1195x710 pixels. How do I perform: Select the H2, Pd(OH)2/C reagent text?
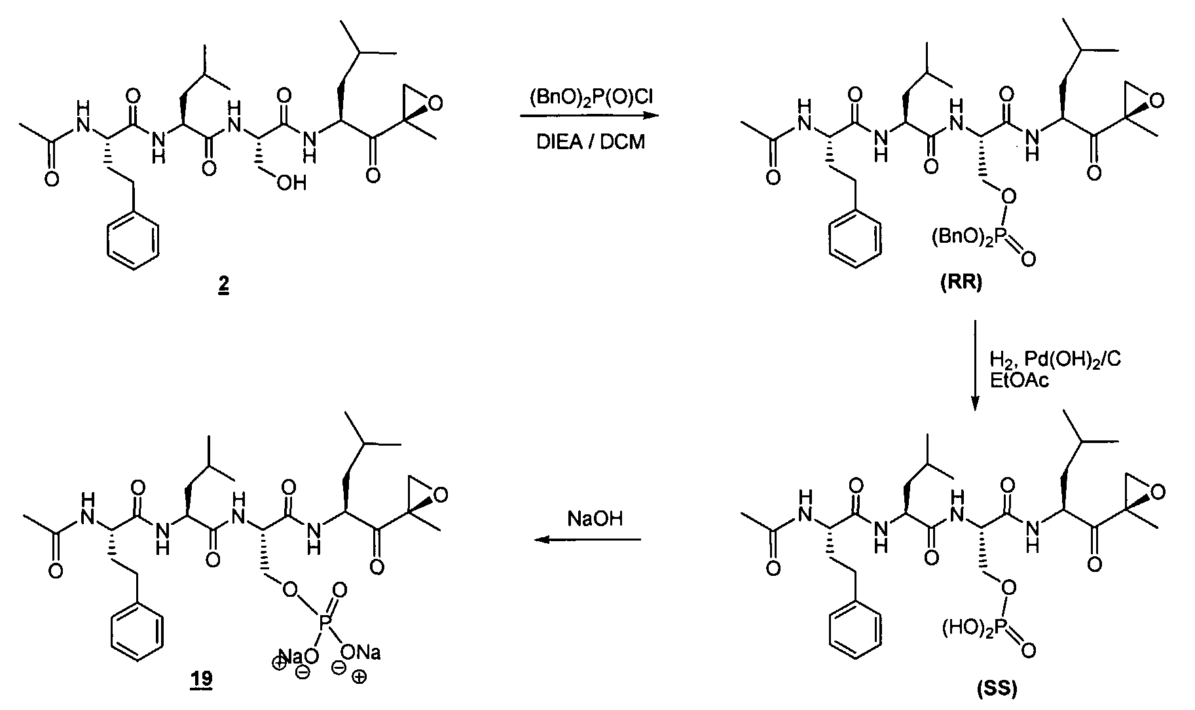[x=1055, y=360]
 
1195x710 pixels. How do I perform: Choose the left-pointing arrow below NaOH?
[x=586, y=540]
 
